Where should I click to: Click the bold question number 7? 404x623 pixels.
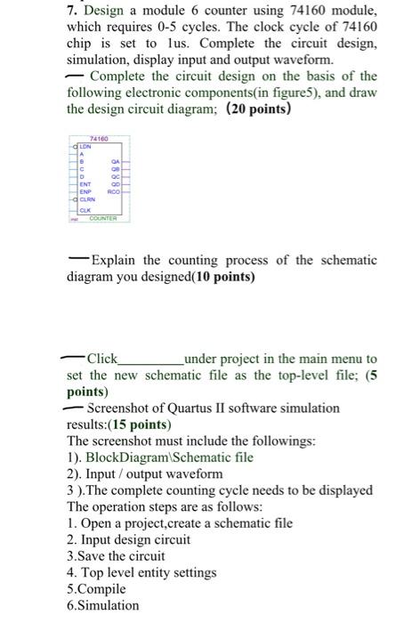[72, 12]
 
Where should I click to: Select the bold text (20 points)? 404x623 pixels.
[246, 109]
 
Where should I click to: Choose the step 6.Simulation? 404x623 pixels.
[103, 605]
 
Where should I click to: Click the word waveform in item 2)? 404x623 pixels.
[194, 474]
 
